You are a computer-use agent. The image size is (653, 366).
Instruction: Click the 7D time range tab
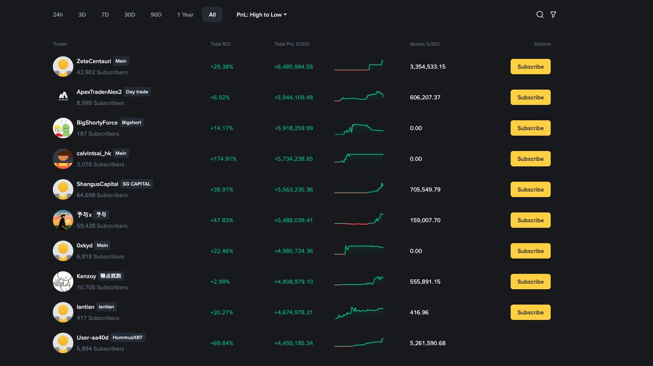[x=105, y=15]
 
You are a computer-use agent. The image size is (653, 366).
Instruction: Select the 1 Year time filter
[x=185, y=15]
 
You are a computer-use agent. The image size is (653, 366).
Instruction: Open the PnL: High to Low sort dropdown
[x=261, y=15]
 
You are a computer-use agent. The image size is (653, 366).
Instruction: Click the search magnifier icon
[x=540, y=15]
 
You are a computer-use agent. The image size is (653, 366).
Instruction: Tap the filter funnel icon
[x=553, y=15]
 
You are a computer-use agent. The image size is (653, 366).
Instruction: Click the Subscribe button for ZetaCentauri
[x=530, y=66]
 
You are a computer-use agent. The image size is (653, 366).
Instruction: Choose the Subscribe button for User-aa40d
[x=530, y=343]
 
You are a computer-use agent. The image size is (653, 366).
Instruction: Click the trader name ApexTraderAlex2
[x=99, y=92]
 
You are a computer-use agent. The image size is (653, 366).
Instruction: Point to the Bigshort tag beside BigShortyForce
[x=132, y=123]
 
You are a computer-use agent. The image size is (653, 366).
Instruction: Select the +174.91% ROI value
[x=223, y=159]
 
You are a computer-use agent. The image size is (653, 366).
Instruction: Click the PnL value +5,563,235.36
[x=293, y=190]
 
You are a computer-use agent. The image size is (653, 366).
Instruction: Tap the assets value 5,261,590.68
[x=427, y=343]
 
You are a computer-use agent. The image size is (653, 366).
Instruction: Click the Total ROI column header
[x=220, y=44]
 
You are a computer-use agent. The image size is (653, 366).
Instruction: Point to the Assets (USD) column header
[x=424, y=44]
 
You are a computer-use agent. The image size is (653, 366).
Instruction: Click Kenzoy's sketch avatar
[x=63, y=282]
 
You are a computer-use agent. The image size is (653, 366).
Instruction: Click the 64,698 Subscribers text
[x=102, y=195]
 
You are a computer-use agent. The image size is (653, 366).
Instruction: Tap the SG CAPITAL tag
[x=137, y=184]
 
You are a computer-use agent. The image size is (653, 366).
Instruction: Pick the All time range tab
[x=212, y=15]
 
